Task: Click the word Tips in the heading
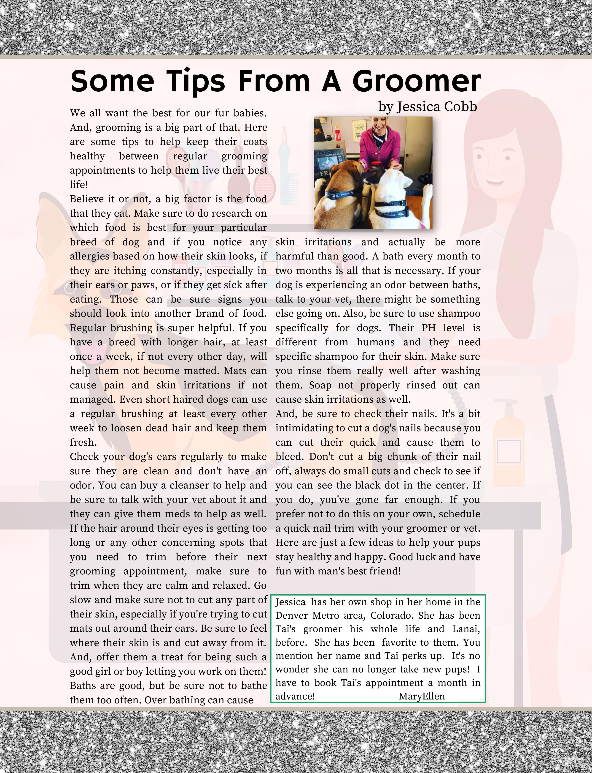(196, 81)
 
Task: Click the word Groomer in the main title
(417, 81)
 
